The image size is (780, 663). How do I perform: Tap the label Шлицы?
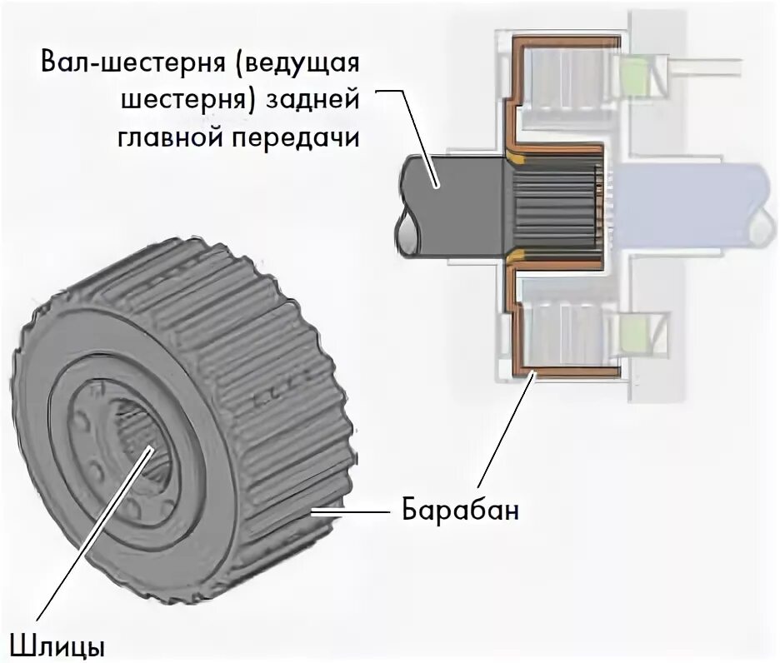click(57, 644)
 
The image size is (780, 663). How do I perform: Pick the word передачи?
click(291, 137)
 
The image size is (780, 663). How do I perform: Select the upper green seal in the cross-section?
click(636, 75)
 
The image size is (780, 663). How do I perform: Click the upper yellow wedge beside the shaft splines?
click(518, 155)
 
